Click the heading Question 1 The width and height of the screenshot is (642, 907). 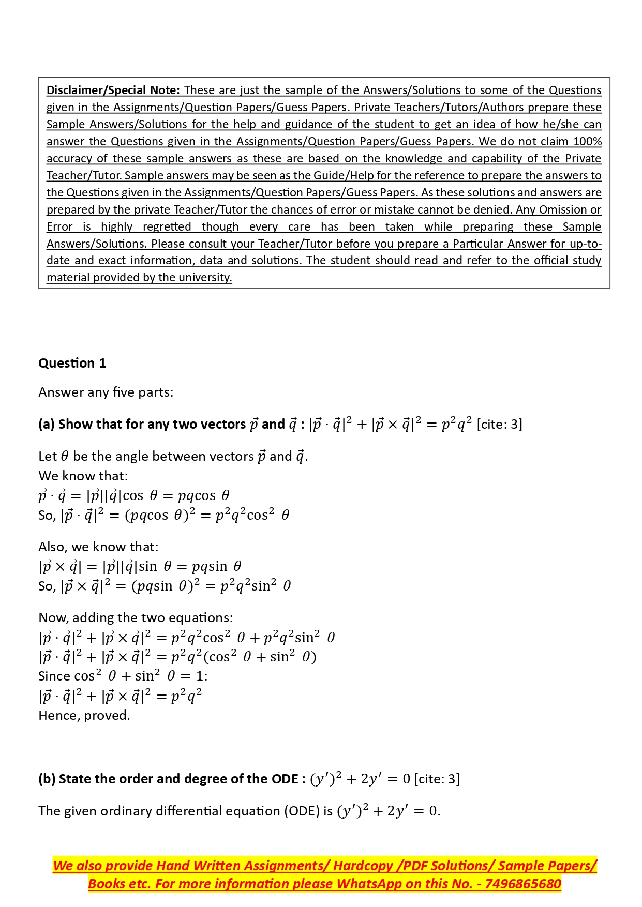click(x=72, y=363)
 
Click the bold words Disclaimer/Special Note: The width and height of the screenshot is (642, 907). click(x=113, y=90)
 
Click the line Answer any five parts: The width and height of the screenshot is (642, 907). click(x=106, y=392)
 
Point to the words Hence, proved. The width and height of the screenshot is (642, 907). click(x=84, y=715)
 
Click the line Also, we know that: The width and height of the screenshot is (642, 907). click(x=98, y=547)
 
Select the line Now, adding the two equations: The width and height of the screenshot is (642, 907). click(x=136, y=617)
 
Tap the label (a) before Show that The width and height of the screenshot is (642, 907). click(x=47, y=424)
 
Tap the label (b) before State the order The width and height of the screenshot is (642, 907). click(x=47, y=779)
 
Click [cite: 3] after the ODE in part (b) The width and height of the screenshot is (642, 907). click(x=437, y=779)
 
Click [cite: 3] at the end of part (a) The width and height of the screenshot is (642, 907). click(x=499, y=424)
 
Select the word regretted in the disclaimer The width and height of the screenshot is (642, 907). click(x=167, y=226)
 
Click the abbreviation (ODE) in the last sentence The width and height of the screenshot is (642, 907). click(x=301, y=811)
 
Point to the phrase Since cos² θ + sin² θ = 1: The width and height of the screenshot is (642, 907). click(x=123, y=676)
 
